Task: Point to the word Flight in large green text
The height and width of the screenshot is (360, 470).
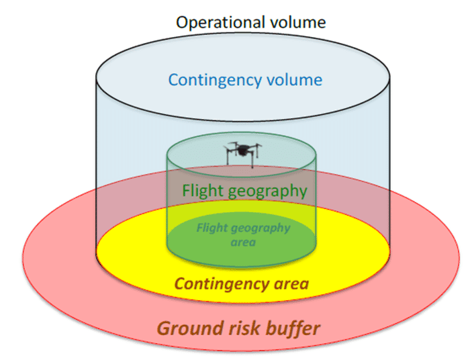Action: pos(202,191)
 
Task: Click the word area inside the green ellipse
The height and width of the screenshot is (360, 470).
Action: pos(242,241)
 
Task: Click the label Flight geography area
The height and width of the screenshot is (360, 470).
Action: pos(242,234)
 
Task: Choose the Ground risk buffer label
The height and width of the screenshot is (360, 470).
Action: pos(238,328)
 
